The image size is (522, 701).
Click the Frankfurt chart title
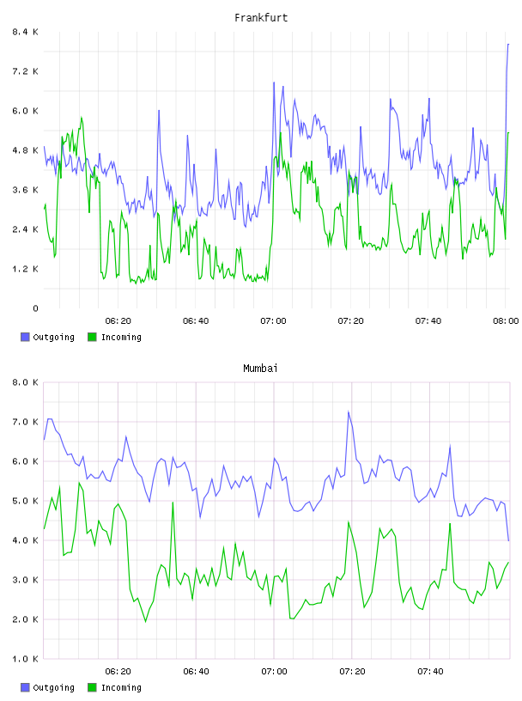point(261,18)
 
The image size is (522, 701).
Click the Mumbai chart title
point(260,369)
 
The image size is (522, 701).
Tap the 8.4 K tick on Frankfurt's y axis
point(26,32)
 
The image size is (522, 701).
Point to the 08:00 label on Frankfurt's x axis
point(506,321)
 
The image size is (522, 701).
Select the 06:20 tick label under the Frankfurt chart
point(118,321)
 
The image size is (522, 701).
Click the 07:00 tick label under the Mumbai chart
point(274,672)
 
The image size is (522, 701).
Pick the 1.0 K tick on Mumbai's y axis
point(26,659)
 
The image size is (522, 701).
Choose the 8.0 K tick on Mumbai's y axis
point(26,382)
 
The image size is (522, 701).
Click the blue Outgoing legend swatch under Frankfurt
point(25,337)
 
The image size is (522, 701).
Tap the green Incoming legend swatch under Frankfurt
point(92,337)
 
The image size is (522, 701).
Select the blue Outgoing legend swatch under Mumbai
point(25,687)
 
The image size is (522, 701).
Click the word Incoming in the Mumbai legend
point(121,687)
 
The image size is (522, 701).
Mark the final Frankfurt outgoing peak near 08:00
point(508,45)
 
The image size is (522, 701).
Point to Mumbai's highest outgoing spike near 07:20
point(349,411)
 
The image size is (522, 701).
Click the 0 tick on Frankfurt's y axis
point(35,308)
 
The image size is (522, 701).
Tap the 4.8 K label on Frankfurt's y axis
point(26,150)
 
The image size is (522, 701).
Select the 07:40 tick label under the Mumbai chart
point(430,672)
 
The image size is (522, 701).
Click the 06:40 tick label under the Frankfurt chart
point(196,321)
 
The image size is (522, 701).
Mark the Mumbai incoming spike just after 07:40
point(450,523)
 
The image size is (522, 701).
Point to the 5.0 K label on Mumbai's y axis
point(26,501)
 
